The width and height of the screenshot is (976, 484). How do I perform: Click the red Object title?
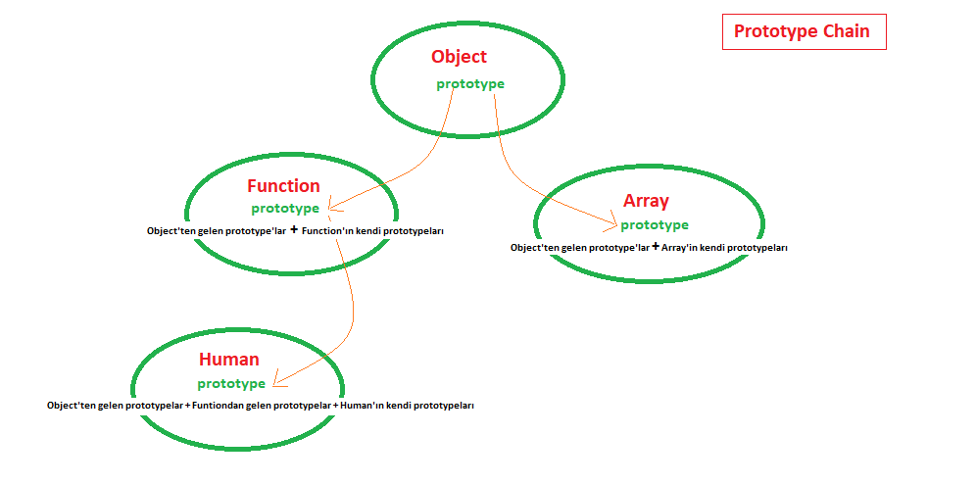[x=459, y=57]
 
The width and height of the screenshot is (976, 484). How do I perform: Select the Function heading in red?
[x=283, y=185]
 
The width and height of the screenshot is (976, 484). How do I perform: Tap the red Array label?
[x=646, y=201]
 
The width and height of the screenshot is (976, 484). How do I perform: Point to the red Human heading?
[x=228, y=360]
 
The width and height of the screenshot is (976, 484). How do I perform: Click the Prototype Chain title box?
[x=803, y=31]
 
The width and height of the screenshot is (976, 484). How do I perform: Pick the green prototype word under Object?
[x=470, y=83]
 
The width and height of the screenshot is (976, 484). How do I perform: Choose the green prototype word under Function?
[x=284, y=208]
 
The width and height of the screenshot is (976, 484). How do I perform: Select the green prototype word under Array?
[x=655, y=224]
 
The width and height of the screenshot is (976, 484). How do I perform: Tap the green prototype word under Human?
[x=231, y=383]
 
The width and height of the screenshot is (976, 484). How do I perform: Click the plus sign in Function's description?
[x=293, y=230]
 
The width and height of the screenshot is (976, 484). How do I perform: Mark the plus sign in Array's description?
[x=655, y=247]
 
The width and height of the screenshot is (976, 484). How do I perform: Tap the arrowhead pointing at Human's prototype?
[x=275, y=381]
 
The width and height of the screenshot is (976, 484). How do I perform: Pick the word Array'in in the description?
[x=682, y=248]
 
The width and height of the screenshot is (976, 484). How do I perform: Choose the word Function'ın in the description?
[x=329, y=231]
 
